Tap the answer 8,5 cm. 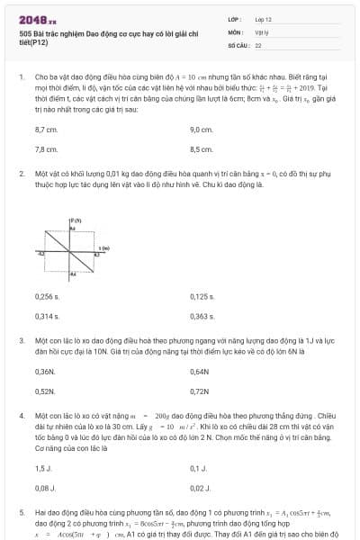201,149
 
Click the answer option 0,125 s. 202,297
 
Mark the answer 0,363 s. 202,316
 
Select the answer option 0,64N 200,372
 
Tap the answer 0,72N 200,391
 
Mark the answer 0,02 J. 199,487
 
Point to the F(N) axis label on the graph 76,220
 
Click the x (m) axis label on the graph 104,246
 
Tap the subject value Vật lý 262,31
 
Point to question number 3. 21,341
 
